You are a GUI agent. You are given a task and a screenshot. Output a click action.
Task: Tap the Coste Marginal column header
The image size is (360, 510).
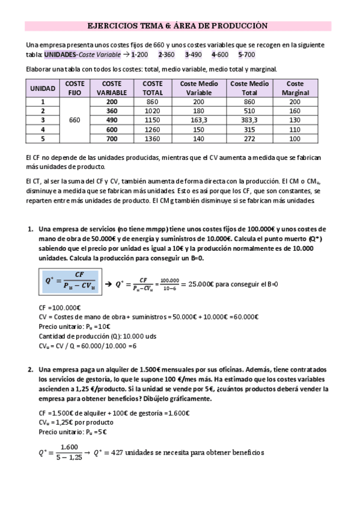pos(294,88)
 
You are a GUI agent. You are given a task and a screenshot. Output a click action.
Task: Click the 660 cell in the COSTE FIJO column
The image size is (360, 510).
pos(75,120)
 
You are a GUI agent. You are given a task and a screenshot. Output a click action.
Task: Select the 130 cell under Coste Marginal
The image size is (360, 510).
pos(294,120)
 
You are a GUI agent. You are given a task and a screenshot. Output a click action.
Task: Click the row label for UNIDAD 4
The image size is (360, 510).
pos(43,129)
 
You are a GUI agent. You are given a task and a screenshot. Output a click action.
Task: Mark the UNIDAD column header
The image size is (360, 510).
pos(43,88)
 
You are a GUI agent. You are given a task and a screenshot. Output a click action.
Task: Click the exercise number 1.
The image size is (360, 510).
pos(31,229)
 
